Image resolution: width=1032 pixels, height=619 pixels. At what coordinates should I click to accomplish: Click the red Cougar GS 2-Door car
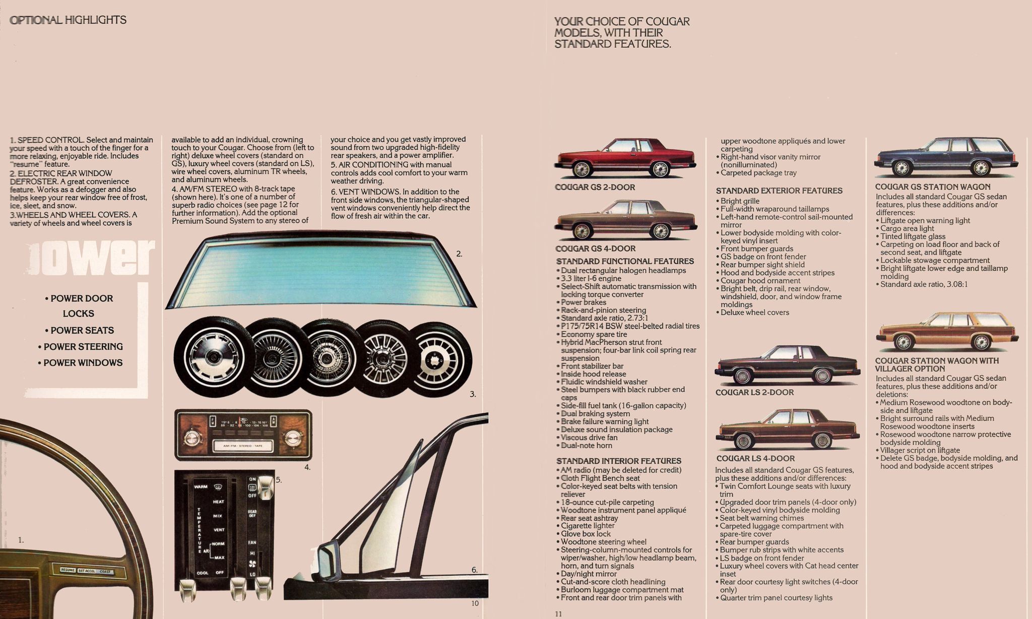(x=625, y=158)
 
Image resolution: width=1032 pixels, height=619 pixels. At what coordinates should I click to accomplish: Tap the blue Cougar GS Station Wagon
(x=946, y=157)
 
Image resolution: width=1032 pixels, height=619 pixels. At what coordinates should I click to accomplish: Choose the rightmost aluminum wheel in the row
(x=440, y=359)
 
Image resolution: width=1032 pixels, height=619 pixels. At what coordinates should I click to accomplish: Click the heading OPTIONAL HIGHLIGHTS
(x=68, y=20)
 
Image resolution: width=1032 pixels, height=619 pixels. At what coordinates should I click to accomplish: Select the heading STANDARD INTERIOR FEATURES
(x=618, y=461)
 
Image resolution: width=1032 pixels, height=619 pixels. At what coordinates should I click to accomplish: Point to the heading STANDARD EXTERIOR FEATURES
(x=779, y=191)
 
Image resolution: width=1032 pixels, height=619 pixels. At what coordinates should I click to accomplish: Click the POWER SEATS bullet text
(x=82, y=330)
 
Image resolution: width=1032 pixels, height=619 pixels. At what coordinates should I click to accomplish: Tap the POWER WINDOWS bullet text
(x=83, y=362)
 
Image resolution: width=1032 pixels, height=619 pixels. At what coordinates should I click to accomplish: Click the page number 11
(x=558, y=613)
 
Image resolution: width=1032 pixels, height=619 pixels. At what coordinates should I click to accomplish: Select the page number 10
(x=475, y=603)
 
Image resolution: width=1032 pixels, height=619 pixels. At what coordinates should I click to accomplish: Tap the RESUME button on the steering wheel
(x=68, y=570)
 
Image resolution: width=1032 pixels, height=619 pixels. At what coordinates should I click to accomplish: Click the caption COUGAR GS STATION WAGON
(x=933, y=187)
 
